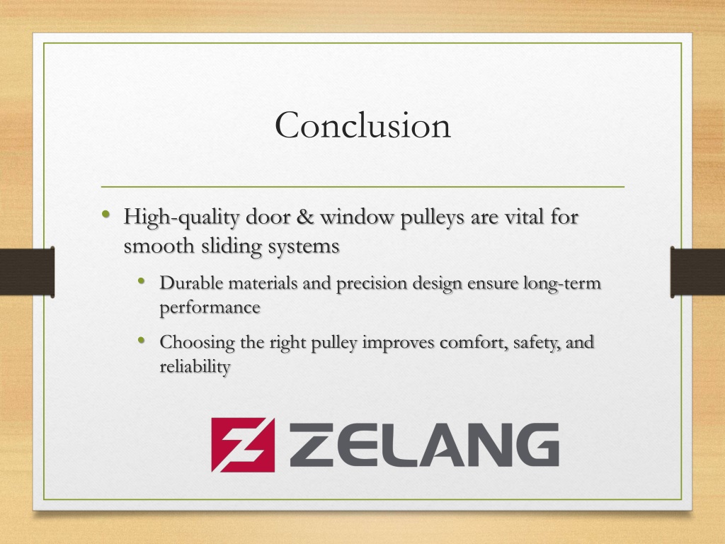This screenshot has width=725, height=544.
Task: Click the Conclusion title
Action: click(363, 125)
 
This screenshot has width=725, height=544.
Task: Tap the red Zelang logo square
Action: click(244, 445)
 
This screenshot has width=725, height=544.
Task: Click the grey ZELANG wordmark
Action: click(424, 445)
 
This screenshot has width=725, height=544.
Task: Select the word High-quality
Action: click(181, 217)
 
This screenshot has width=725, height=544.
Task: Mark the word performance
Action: click(210, 308)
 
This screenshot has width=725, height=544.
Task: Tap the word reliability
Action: click(195, 368)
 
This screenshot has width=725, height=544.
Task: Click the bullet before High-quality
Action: click(106, 214)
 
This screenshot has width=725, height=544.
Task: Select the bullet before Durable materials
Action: click(142, 280)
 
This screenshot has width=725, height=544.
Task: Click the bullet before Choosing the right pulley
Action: click(142, 341)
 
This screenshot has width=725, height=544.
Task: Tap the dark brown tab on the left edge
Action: click(28, 271)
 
